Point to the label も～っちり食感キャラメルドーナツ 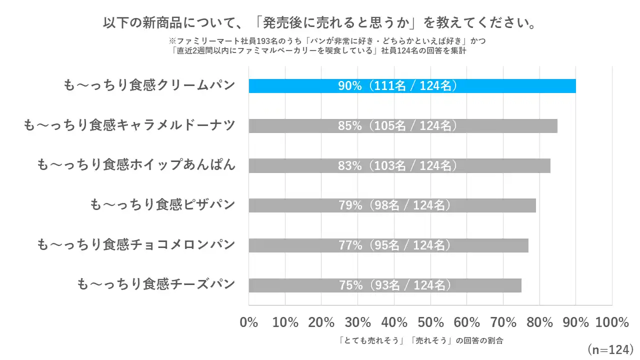click(x=129, y=125)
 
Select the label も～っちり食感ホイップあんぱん click(x=136, y=165)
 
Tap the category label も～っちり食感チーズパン click(x=155, y=285)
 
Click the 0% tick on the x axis click(x=249, y=322)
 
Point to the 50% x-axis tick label click(x=430, y=322)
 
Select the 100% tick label click(x=612, y=322)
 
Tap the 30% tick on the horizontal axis click(x=358, y=322)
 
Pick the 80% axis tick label click(x=539, y=322)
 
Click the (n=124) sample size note click(x=610, y=348)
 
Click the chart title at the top click(x=320, y=23)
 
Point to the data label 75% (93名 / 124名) click(x=395, y=285)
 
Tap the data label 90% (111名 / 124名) click(x=398, y=85)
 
